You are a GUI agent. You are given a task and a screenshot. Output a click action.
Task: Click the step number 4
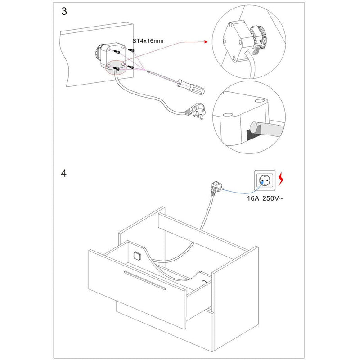(64, 173)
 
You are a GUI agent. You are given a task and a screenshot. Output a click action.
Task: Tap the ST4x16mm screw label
(148, 41)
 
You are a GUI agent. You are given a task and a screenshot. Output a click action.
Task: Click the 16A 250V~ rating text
(265, 198)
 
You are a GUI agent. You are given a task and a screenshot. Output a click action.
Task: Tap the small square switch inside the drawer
(137, 257)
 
